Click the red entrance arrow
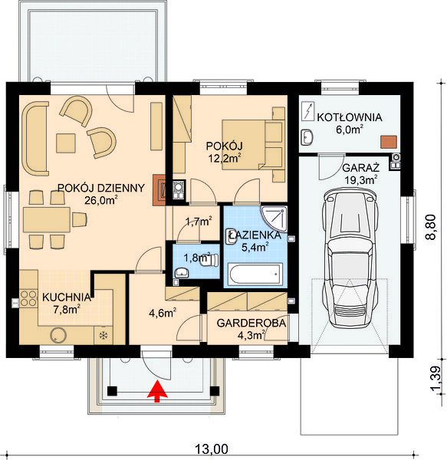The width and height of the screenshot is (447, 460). click(157, 391)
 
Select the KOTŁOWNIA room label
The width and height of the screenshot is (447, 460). click(350, 117)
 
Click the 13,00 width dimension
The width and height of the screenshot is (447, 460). click(212, 449)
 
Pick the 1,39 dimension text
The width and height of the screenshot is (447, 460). click(435, 379)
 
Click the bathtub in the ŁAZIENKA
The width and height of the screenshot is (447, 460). click(255, 274)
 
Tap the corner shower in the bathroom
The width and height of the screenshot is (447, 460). click(274, 219)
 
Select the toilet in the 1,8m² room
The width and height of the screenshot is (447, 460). click(209, 260)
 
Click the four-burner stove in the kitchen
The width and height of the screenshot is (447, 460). click(28, 298)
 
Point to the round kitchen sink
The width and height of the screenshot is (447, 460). click(58, 335)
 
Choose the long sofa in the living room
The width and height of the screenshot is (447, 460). click(35, 139)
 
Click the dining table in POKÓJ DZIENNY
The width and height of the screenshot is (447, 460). click(47, 220)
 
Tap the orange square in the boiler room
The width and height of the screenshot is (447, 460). click(389, 142)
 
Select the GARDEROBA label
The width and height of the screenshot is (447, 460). click(251, 323)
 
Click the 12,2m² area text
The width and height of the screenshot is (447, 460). click(225, 159)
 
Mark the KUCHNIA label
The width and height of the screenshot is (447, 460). click(67, 297)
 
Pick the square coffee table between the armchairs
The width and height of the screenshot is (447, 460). click(66, 143)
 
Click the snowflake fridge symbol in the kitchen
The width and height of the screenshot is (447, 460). click(104, 335)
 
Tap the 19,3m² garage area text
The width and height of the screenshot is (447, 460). click(361, 180)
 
